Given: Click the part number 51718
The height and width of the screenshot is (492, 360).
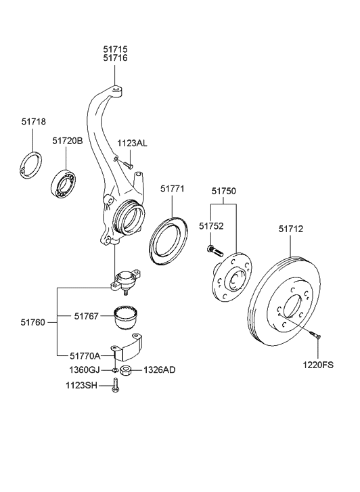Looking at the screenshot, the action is click(34, 121).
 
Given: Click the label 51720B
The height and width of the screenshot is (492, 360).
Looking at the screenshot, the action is click(68, 141).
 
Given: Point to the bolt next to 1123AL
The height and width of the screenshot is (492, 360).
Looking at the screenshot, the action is click(128, 164).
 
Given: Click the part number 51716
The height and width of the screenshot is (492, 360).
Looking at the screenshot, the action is click(116, 58).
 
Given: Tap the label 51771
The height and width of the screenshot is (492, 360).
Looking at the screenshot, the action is click(173, 189).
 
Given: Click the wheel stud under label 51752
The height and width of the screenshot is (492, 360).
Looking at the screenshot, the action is click(215, 250).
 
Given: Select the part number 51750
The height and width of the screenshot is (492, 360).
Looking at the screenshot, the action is click(223, 191).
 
